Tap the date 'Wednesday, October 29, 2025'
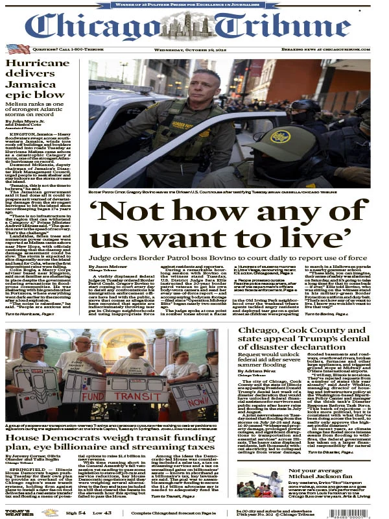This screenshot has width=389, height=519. (x=195, y=49)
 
